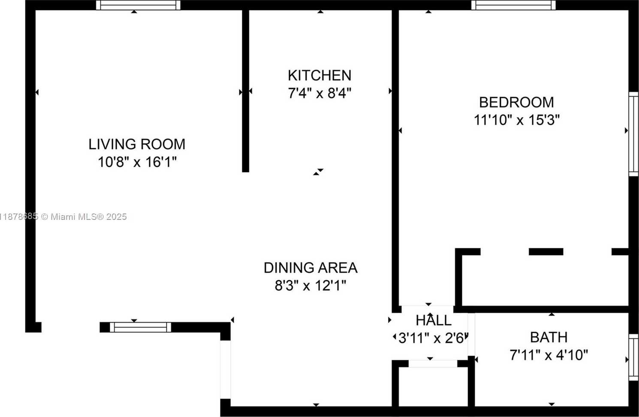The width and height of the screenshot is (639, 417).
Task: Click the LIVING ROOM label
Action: pyautogui.click(x=137, y=144)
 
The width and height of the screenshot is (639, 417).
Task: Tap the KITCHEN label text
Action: pyautogui.click(x=319, y=76)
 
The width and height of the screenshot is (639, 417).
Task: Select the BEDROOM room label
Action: pyautogui.click(x=516, y=103)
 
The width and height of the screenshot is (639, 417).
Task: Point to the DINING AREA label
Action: pyautogui.click(x=310, y=268)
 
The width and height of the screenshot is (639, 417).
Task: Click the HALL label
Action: pyautogui.click(x=434, y=320)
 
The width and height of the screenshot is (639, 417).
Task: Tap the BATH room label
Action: pyautogui.click(x=549, y=338)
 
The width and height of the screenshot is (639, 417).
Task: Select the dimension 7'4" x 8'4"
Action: pyautogui.click(x=319, y=93)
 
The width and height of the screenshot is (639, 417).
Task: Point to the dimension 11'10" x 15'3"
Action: pyautogui.click(x=517, y=120)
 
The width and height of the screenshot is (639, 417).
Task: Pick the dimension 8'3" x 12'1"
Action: pyautogui.click(x=310, y=285)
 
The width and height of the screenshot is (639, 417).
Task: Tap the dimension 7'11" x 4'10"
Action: pyautogui.click(x=549, y=355)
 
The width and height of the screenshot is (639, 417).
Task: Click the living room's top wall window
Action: pyautogui.click(x=138, y=5)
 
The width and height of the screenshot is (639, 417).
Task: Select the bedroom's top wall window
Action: pyautogui.click(x=513, y=5)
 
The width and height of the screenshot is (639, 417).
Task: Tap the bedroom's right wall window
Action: pyautogui.click(x=633, y=134)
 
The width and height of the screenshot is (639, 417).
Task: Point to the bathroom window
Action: pyautogui.click(x=633, y=357)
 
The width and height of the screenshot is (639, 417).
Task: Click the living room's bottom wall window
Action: pyautogui.click(x=140, y=327)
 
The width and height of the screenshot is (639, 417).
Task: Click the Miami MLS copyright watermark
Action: pyautogui.click(x=63, y=217)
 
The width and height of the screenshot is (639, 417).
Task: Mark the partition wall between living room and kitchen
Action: pyautogui.click(x=246, y=91)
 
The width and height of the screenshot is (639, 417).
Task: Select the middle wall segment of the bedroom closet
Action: pyautogui.click(x=546, y=252)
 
